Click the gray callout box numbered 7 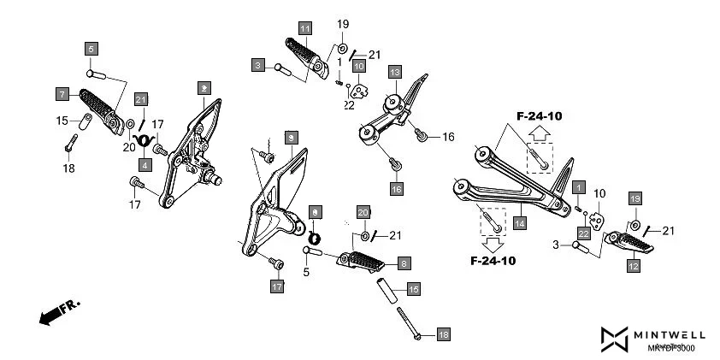point(62,92)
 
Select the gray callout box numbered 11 point(305,27)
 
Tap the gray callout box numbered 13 point(394,72)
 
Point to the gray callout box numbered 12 point(634,266)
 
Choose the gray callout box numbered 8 point(402,263)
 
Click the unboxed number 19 point(343,24)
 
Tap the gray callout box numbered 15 point(413,289)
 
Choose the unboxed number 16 point(448,136)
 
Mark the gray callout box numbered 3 point(257,64)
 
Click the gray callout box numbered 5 point(91,48)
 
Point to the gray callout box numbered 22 point(583,233)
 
